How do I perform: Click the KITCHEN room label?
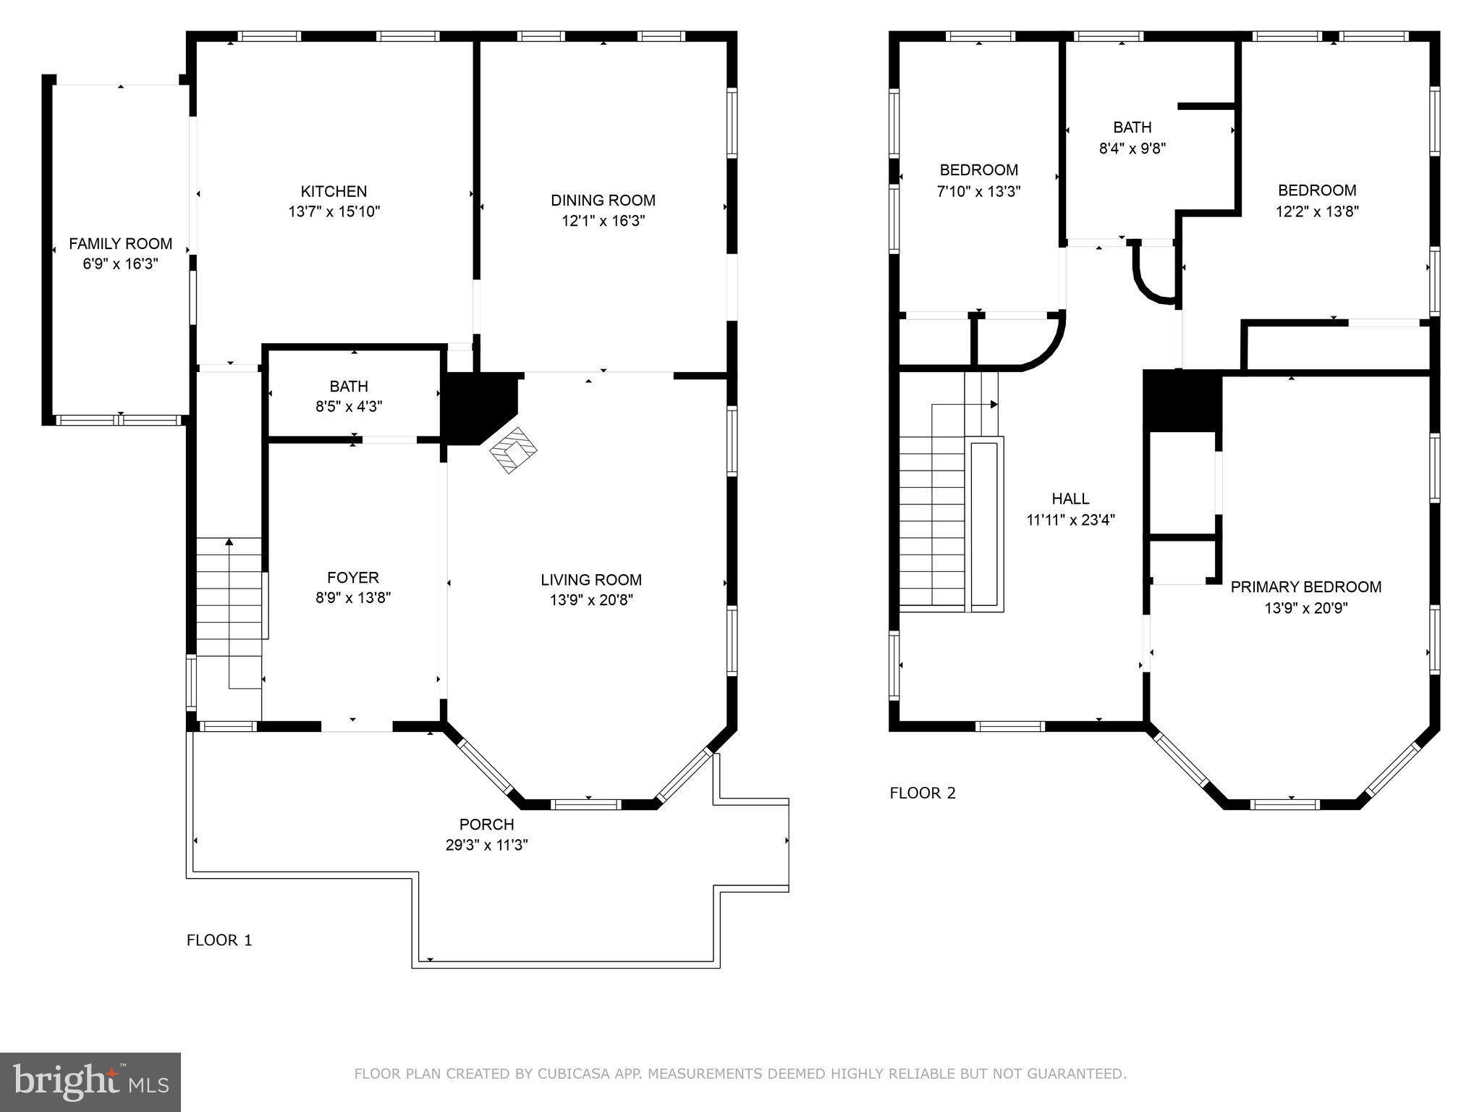tap(334, 191)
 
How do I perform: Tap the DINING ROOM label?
tap(603, 201)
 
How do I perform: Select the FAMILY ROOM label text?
tap(120, 244)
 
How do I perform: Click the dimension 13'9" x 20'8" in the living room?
tap(591, 600)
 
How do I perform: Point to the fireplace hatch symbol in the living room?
tap(514, 450)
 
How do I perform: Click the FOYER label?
tap(352, 578)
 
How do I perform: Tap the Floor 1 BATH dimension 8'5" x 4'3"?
tap(349, 407)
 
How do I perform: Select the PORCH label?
tap(486, 825)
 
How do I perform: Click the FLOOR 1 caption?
tap(219, 940)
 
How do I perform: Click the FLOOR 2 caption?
tap(922, 793)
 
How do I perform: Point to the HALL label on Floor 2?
tap(1070, 499)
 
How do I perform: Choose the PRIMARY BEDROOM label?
tap(1305, 587)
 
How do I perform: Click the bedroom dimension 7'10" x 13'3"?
tap(978, 192)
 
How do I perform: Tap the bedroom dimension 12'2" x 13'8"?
tap(1317, 211)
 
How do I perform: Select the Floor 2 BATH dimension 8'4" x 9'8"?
tap(1132, 148)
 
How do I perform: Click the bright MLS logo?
tap(90, 1082)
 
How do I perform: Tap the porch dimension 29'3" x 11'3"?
tap(486, 845)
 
